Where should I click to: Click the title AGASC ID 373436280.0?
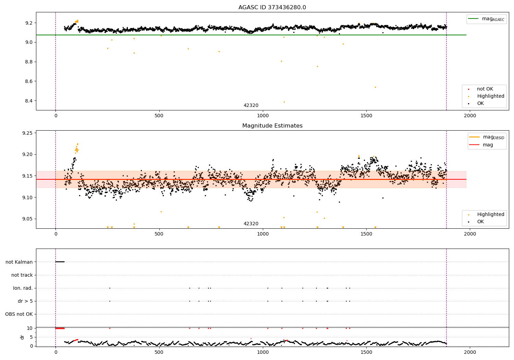pos(272,8)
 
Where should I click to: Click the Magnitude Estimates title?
pos(272,126)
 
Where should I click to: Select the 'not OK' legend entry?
pos(485,89)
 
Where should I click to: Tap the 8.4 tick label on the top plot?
pos(28,101)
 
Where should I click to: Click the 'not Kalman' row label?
pos(19,262)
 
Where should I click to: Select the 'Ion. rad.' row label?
pos(23,288)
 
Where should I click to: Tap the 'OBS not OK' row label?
pos(19,314)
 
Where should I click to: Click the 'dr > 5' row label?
pos(25,301)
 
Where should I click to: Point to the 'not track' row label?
pos(22,275)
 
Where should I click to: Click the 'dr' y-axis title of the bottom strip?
pos(22,337)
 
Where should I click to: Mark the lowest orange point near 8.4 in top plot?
pos(284,102)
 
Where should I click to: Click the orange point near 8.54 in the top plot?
pos(375,87)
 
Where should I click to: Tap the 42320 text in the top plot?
pos(251,106)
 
